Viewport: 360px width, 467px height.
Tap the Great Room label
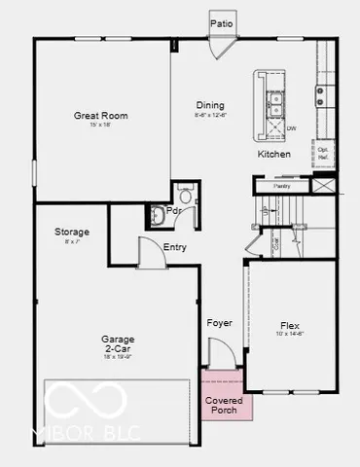click(x=101, y=116)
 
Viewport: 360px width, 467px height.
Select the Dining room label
click(x=209, y=105)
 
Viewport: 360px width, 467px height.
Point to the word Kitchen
click(x=273, y=155)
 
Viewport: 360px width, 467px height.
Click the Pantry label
click(x=282, y=185)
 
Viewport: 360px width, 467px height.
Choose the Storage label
click(x=72, y=232)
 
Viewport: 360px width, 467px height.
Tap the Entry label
click(x=175, y=247)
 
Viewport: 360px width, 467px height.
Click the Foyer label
click(x=219, y=322)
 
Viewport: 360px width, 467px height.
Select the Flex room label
click(x=290, y=326)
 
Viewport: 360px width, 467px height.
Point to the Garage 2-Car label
click(x=117, y=344)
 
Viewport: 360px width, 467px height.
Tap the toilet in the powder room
click(x=159, y=214)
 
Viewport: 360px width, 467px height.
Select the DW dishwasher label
click(x=291, y=127)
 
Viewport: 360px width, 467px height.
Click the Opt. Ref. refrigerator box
click(x=324, y=153)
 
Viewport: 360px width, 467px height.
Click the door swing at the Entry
click(x=150, y=255)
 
